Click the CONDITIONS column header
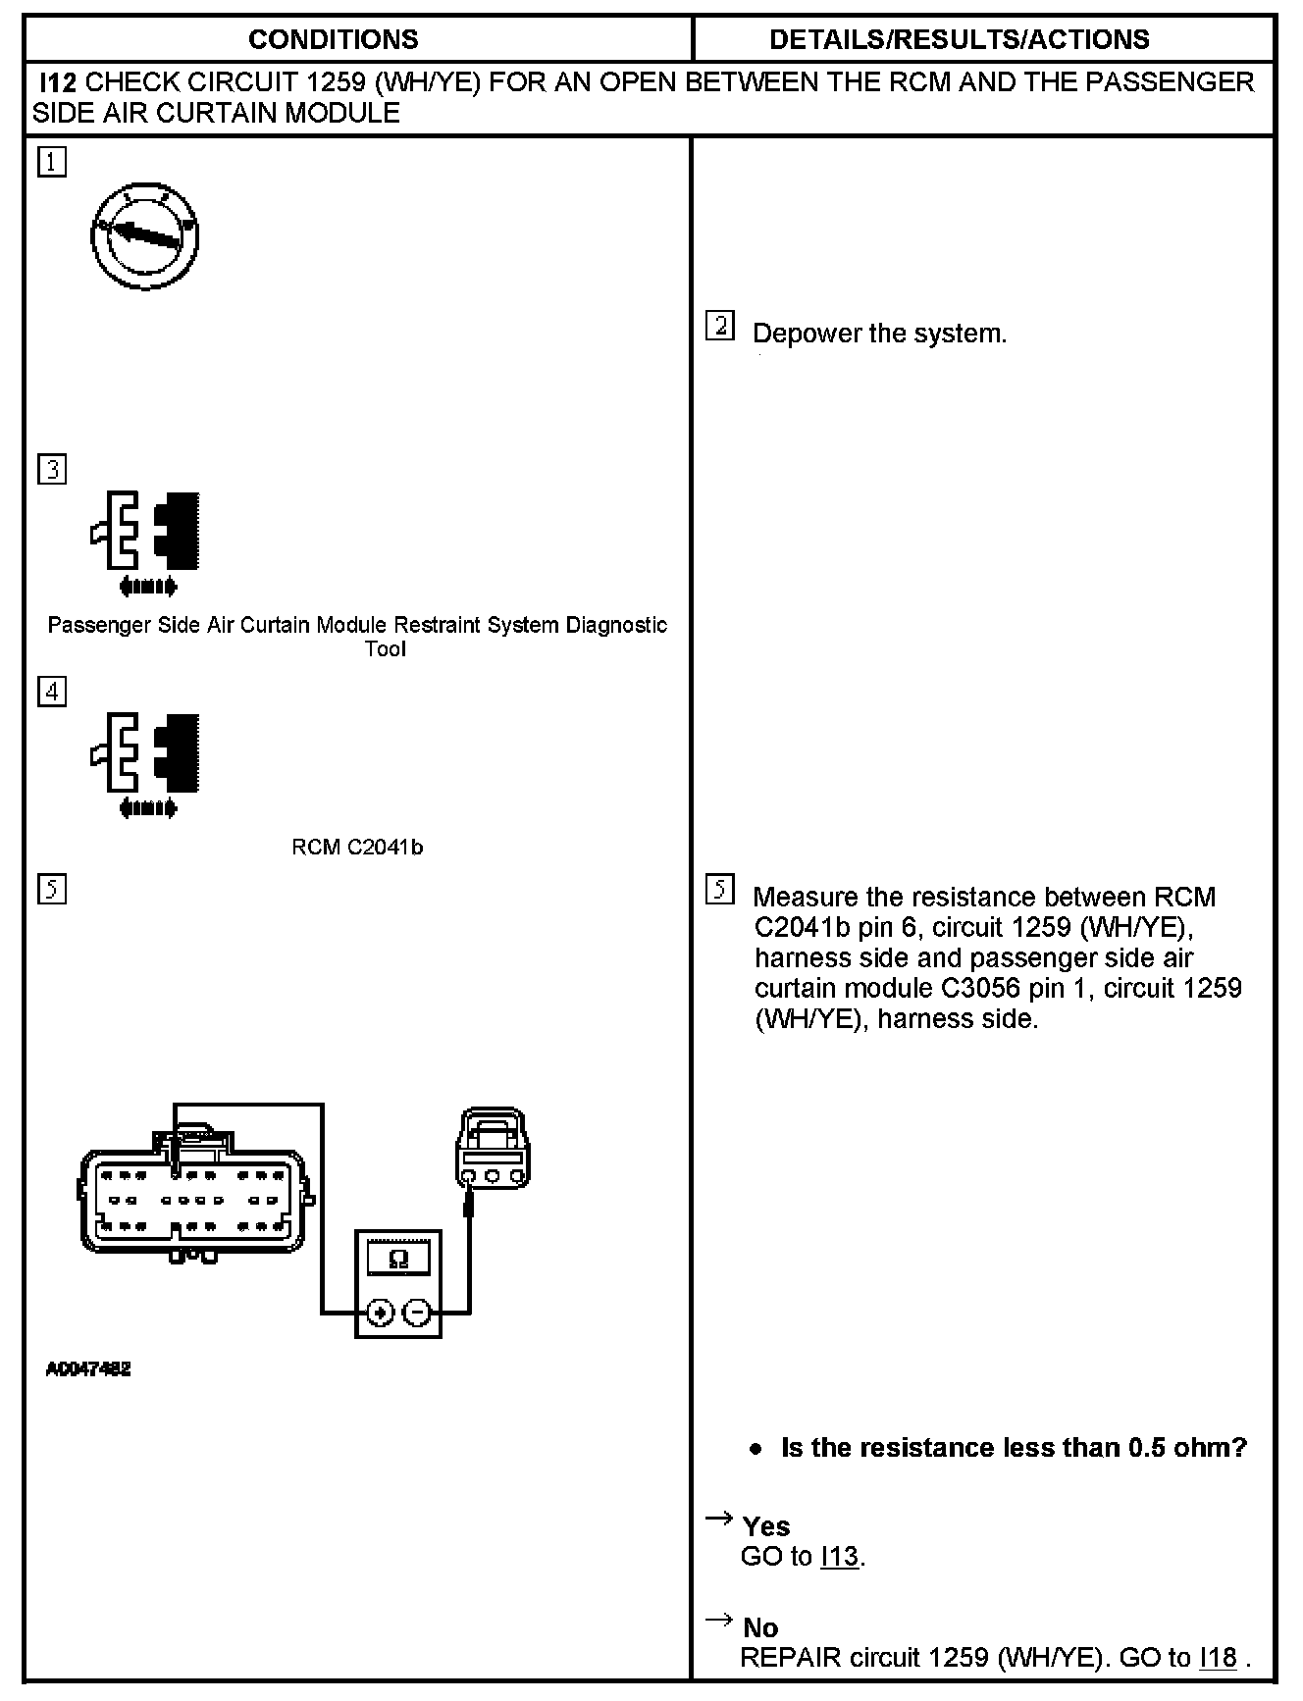click(333, 39)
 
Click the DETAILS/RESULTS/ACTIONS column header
click(959, 39)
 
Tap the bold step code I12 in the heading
click(57, 82)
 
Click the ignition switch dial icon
click(145, 236)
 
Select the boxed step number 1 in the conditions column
click(52, 162)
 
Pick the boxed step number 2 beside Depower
click(720, 326)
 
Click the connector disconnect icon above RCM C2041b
click(147, 763)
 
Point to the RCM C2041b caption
click(357, 848)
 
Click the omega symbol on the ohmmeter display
click(398, 1259)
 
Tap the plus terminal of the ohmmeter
click(381, 1313)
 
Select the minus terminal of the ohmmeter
click(417, 1313)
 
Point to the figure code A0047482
click(88, 1368)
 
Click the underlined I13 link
click(840, 1557)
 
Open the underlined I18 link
click(1219, 1658)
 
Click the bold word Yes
click(766, 1526)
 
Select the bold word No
click(760, 1628)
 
